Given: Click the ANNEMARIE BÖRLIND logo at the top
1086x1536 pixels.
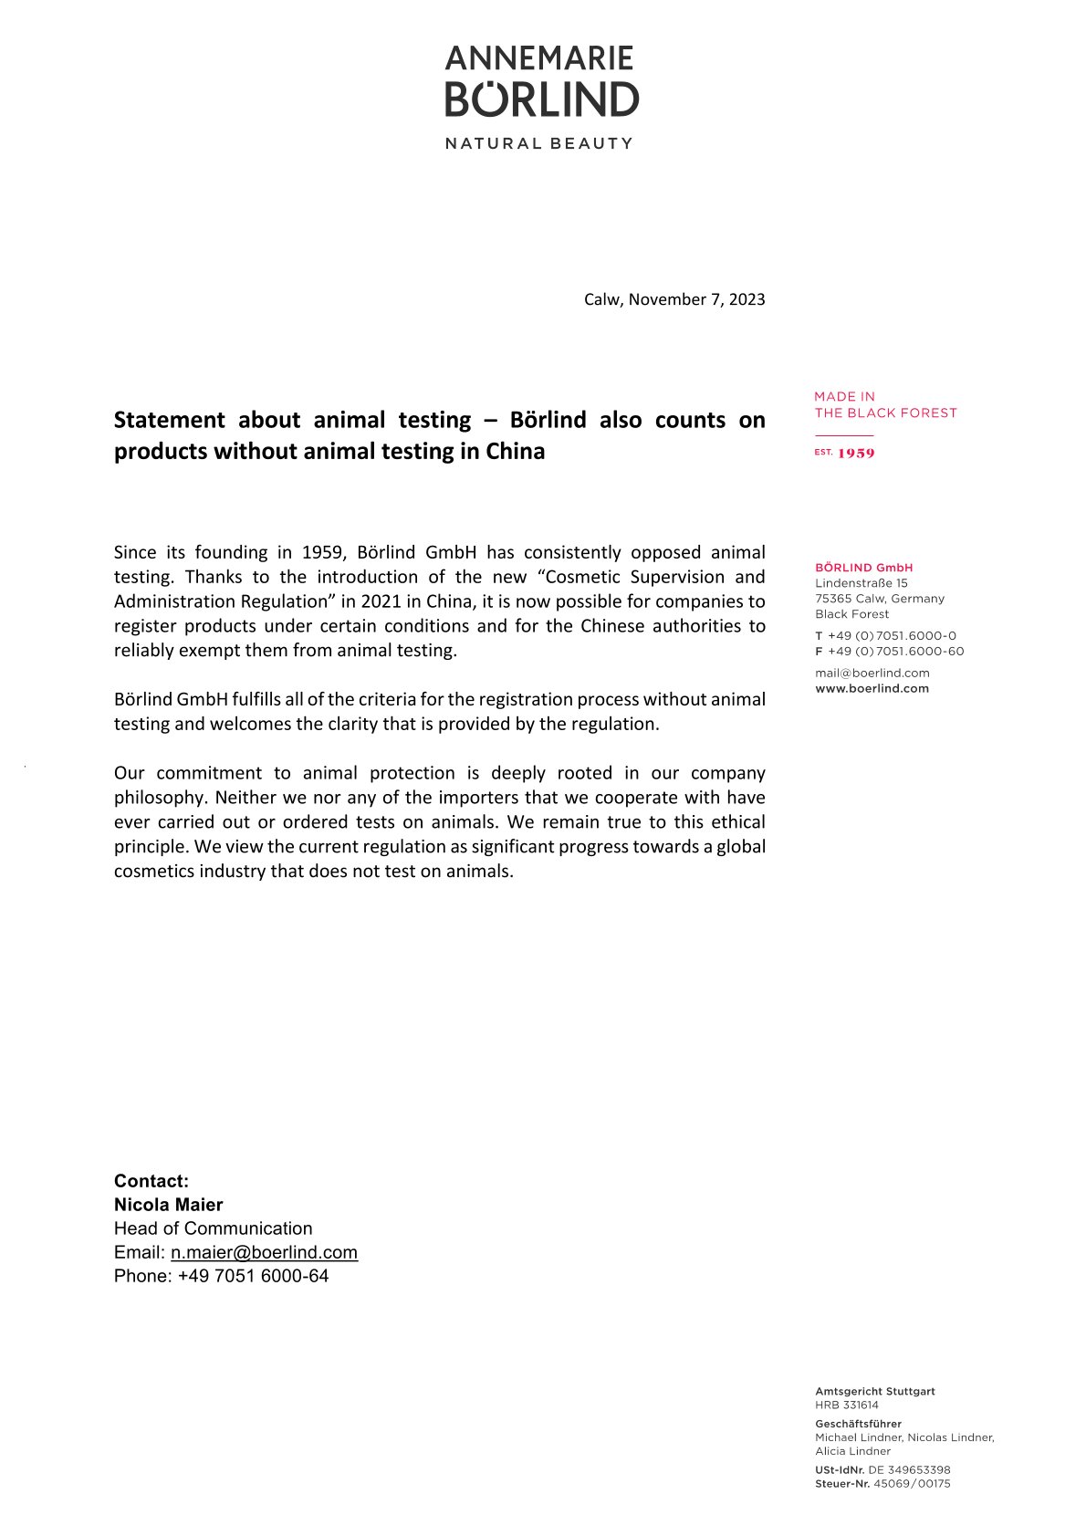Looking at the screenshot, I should click(542, 81).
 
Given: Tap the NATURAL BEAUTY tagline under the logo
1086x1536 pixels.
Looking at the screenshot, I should click(538, 143).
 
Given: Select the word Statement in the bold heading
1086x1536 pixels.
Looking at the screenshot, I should click(169, 420).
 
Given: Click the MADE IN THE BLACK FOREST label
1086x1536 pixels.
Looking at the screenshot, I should click(885, 404).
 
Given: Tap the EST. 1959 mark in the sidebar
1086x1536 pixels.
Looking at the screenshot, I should click(844, 453).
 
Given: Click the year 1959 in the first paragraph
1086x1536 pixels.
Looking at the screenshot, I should click(321, 552).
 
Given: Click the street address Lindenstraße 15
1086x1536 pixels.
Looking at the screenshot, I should click(861, 583).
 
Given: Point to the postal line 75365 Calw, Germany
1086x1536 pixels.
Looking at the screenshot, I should click(880, 599).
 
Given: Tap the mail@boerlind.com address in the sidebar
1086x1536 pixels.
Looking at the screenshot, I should click(872, 673).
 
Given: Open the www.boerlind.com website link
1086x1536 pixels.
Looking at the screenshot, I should click(872, 688).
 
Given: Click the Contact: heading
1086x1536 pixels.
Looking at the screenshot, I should click(151, 1181).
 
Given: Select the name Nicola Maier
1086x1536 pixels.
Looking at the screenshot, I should click(168, 1205).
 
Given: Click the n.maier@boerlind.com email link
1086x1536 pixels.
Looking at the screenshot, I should click(264, 1252).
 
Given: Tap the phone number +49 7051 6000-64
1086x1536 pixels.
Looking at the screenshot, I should click(253, 1276).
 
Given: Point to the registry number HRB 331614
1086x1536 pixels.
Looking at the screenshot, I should click(846, 1405).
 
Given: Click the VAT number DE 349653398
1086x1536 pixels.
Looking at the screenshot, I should click(908, 1470).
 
